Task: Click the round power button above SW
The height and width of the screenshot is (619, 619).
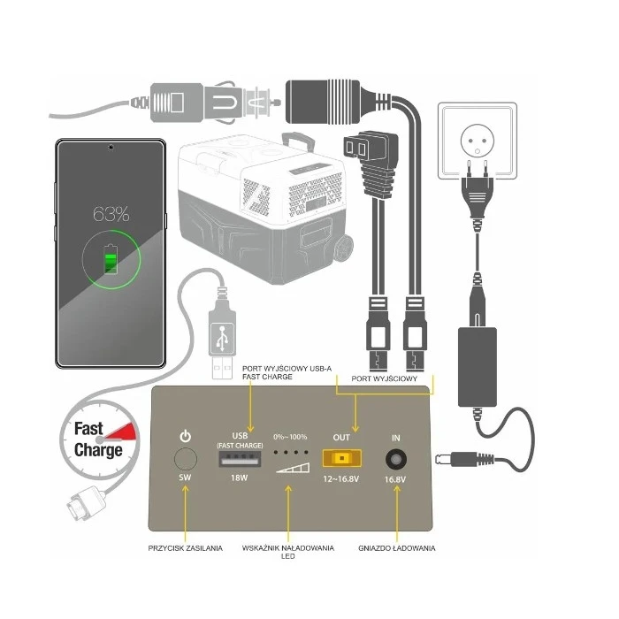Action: (x=185, y=459)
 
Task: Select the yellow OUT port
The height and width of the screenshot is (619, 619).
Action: (x=341, y=458)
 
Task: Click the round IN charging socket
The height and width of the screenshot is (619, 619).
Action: (x=395, y=458)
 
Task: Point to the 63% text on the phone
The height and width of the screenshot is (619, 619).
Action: (x=112, y=214)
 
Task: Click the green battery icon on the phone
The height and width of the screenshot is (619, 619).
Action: (x=111, y=262)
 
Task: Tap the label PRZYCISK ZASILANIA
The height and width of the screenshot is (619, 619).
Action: (x=185, y=549)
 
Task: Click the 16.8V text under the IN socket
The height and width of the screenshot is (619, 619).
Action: (x=395, y=479)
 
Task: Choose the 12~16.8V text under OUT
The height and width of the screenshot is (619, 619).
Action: (x=341, y=478)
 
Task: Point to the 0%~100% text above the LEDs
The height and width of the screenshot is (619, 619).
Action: (x=290, y=438)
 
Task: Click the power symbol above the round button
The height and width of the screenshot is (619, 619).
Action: (x=185, y=436)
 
